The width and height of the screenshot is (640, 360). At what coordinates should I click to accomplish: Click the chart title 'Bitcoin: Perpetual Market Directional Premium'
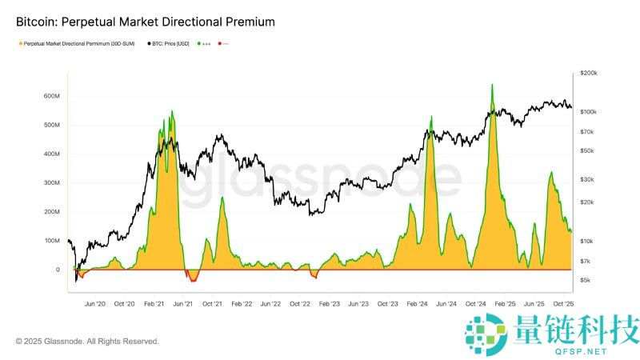coord(146,22)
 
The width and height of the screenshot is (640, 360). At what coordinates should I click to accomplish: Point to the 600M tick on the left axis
coord(51,96)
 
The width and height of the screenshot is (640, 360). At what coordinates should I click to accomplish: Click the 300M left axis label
coord(51,183)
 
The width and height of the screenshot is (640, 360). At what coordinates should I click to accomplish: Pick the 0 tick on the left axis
coord(58,270)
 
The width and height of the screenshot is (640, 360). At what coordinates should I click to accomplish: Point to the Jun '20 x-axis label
coord(95,304)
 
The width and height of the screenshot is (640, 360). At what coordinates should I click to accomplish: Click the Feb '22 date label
coord(242,304)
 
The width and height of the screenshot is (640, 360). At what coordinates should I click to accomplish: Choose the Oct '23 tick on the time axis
coord(388,304)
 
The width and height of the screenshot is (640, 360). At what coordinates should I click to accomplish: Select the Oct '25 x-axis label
coord(564,304)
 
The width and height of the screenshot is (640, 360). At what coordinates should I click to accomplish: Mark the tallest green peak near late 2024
coord(492,86)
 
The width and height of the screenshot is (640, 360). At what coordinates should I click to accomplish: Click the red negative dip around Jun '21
coord(191,278)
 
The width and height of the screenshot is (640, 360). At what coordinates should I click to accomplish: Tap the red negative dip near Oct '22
coord(314,275)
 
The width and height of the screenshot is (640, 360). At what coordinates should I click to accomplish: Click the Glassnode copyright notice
coord(87,342)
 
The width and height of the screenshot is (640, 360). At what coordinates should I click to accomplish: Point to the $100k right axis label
coord(592,111)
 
